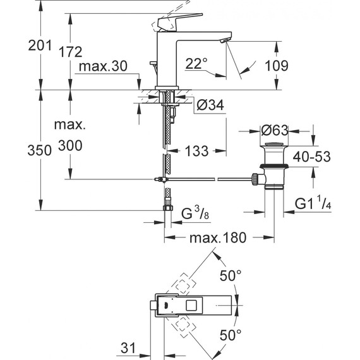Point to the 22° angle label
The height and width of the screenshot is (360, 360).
196,63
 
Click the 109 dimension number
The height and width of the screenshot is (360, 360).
276,65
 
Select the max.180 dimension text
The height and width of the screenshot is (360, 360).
217,239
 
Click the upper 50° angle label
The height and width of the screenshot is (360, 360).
231,276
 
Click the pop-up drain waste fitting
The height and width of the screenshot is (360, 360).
273,167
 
